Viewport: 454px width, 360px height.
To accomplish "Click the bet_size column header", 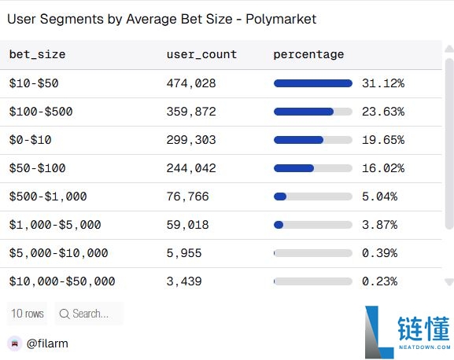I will coord(37,54).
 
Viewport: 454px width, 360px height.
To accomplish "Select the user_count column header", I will coord(201,54).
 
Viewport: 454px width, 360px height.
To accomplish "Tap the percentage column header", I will coord(308,54).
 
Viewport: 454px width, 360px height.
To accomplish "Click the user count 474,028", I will coord(191,83).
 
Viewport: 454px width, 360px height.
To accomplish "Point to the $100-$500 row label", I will coord(41,112).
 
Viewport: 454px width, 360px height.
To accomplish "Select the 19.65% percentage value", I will coord(383,140).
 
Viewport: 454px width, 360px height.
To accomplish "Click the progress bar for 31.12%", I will coord(312,83).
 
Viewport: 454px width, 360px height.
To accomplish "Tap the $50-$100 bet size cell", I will coord(37,168).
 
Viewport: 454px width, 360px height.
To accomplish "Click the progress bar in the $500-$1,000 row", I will coord(312,197).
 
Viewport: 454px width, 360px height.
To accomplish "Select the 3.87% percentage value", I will coord(379,225).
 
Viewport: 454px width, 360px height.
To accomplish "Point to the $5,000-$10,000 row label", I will coord(58,253).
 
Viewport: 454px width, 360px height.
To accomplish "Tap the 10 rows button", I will coord(27,314).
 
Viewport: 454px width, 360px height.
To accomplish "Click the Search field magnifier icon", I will coord(64,314).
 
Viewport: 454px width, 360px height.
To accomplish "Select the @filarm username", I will coord(49,343).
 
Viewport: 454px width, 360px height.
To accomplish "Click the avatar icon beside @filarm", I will coord(14,343).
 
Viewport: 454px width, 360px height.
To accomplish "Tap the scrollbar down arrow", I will coord(448,281).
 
